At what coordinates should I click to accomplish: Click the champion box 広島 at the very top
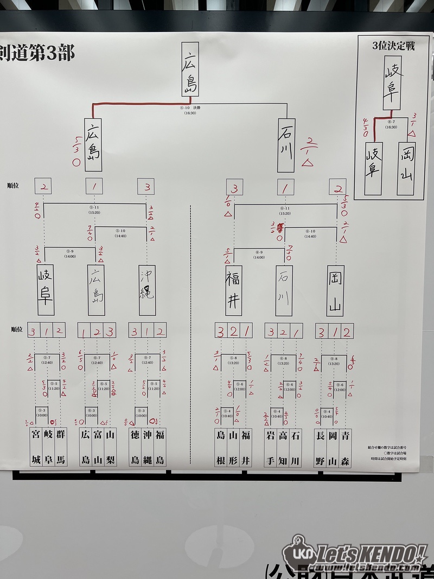pos(189,69)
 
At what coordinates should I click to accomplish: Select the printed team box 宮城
pos(36,447)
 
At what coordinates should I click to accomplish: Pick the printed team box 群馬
pos(61,447)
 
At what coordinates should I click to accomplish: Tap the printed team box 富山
pos(98,447)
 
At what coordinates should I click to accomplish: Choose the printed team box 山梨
pos(111,447)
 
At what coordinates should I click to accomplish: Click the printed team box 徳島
pos(135,447)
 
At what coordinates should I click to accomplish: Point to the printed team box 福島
pos(159,447)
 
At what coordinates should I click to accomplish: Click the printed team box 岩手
pos(271,447)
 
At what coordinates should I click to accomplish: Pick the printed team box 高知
pos(284,447)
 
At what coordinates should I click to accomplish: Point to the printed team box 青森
pos(345,447)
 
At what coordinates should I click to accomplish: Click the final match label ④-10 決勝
pos(190,110)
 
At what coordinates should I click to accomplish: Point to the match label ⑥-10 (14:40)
pos(310,233)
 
